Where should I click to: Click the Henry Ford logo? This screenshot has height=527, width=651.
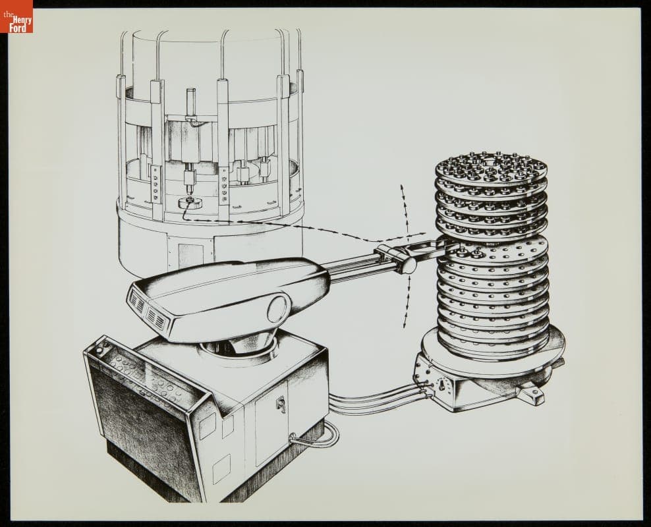tap(16, 16)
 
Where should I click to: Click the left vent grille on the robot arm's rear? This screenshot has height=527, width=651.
tap(138, 301)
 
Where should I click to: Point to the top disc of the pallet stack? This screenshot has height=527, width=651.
tap(491, 165)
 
